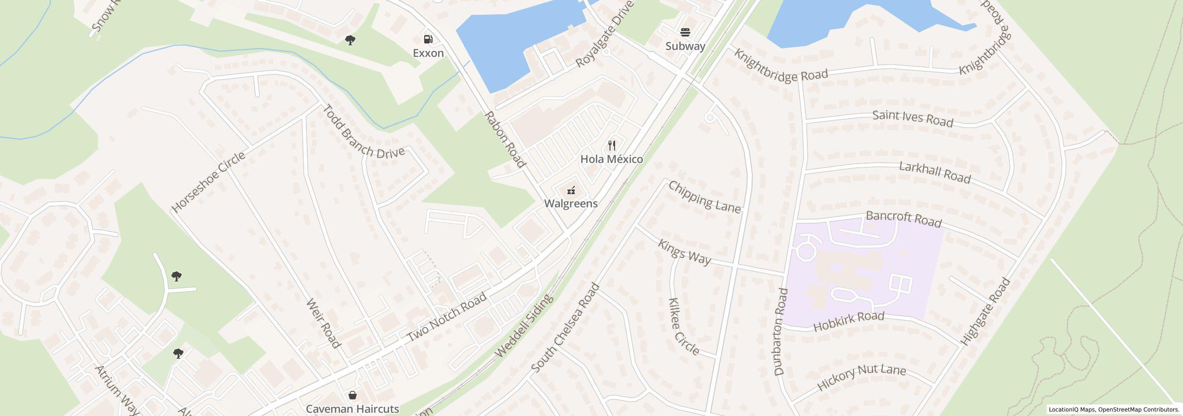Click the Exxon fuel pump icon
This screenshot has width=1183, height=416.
(428, 39)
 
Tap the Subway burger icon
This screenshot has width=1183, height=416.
(685, 32)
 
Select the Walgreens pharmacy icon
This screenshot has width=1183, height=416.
(571, 190)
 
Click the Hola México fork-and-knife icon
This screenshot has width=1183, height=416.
(612, 146)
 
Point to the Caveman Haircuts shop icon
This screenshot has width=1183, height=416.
(353, 395)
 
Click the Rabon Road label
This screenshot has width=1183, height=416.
(505, 139)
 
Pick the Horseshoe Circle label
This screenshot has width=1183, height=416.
(208, 182)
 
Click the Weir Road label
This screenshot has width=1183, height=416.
(323, 324)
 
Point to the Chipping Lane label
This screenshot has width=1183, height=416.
(704, 197)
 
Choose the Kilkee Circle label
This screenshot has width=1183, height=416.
(683, 326)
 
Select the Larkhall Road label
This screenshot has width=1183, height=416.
(934, 172)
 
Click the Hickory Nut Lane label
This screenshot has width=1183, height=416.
(861, 378)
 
